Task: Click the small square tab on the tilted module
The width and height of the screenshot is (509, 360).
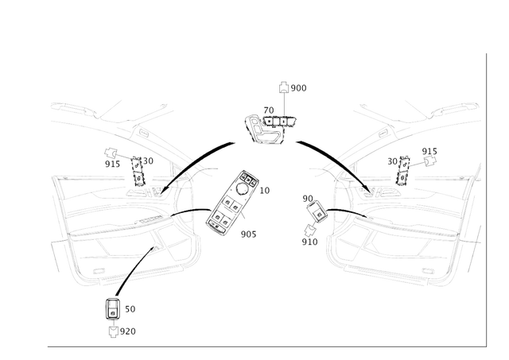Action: (x=263, y=189)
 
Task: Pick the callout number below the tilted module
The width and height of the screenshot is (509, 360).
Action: (x=247, y=234)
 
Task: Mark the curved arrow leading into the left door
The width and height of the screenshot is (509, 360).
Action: (x=191, y=163)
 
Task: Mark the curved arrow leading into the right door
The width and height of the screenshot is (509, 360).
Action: (x=334, y=163)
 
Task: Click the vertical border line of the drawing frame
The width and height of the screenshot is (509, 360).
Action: (x=484, y=199)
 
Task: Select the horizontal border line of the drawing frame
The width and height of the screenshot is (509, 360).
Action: (x=262, y=346)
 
